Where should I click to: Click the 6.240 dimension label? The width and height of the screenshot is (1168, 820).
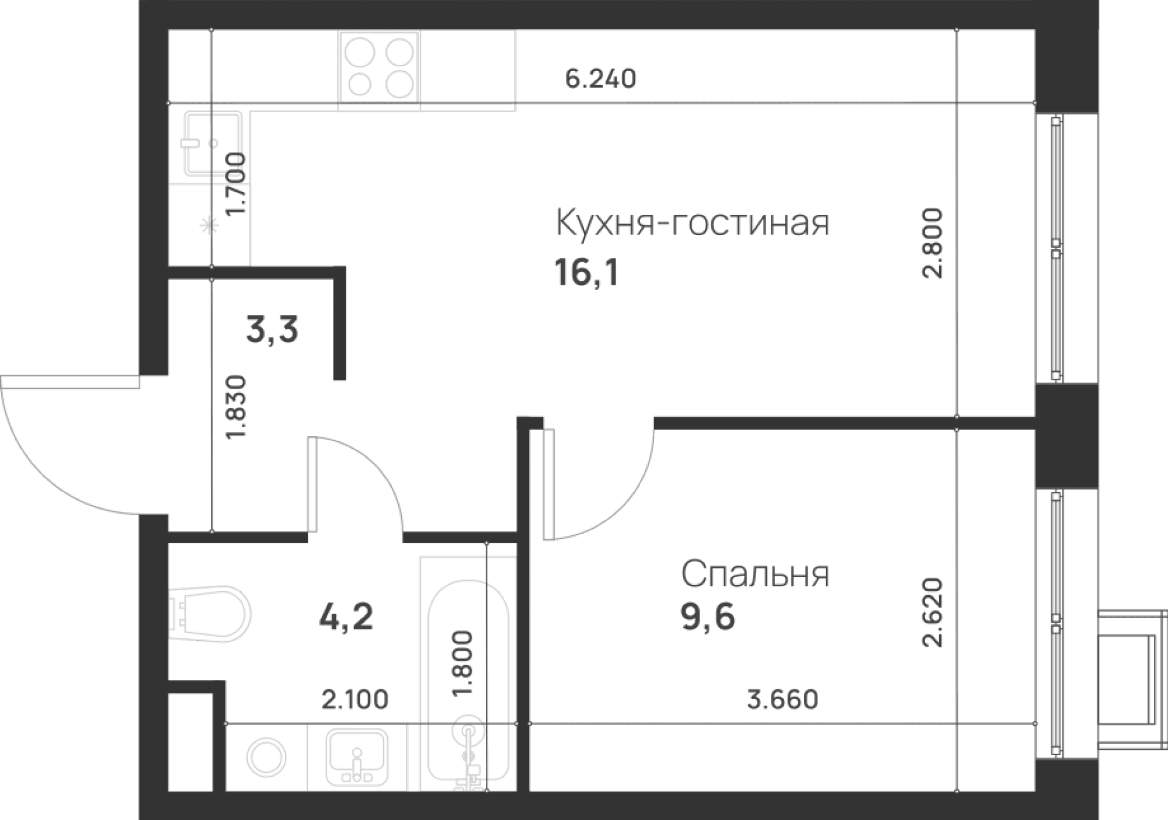tap(601, 79)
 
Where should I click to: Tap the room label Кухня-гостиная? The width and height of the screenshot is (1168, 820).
tap(692, 223)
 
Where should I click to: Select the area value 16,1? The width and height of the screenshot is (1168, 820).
tap(586, 273)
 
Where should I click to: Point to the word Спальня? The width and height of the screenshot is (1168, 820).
tap(755, 574)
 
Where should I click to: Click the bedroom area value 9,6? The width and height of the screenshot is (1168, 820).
tap(708, 617)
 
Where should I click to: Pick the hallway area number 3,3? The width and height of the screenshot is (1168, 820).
tap(272, 330)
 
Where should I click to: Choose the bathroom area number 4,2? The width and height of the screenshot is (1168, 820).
tap(346, 617)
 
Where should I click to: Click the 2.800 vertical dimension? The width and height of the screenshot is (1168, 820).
tap(933, 243)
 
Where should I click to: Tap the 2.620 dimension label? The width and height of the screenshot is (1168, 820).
tap(933, 613)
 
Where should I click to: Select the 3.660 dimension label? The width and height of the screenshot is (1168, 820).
tap(783, 699)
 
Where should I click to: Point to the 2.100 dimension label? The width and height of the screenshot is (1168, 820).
tap(355, 699)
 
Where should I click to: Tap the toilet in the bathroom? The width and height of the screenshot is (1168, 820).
tap(210, 615)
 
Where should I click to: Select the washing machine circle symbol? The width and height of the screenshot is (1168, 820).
tap(267, 758)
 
